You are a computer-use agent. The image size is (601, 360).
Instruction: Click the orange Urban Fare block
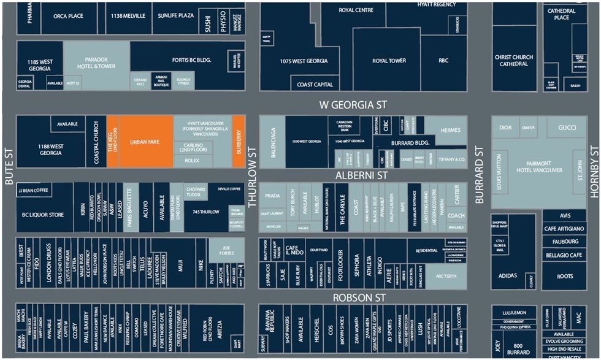[x=145, y=142]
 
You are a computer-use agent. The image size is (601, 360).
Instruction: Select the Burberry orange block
[x=239, y=142]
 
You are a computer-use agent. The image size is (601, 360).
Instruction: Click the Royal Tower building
[x=388, y=61]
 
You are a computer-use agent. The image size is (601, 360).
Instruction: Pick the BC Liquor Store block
[x=43, y=215]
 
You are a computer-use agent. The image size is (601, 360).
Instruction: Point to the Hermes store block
[x=450, y=130]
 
